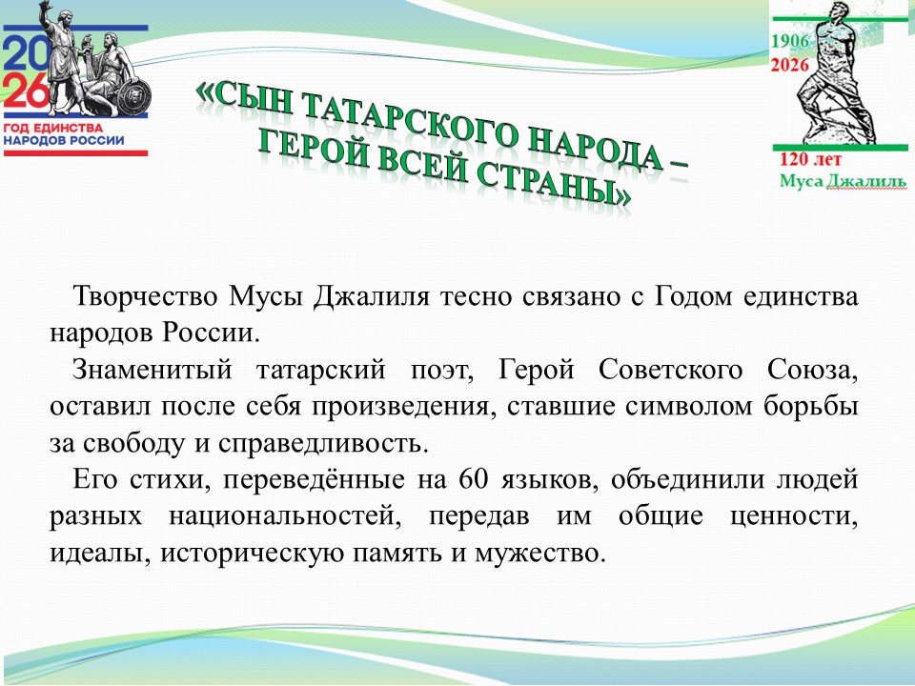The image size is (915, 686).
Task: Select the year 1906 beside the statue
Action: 790,42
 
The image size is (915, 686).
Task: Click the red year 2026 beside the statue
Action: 790,66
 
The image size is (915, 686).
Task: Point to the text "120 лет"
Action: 806,159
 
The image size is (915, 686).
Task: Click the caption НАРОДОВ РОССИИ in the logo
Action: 64,140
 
